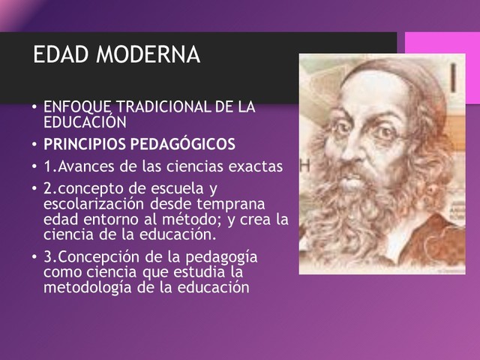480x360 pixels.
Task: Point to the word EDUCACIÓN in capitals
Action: click(x=82, y=121)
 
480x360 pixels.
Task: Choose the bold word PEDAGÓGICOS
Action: click(x=181, y=143)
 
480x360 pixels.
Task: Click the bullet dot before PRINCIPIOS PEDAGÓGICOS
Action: click(x=34, y=144)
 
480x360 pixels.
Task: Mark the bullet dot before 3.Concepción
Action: click(x=34, y=256)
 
